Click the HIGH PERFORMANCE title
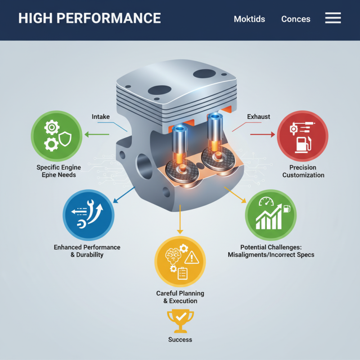tap(90, 18)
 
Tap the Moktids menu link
tap(249, 19)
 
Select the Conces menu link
tap(296, 19)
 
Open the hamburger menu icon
tap(333, 18)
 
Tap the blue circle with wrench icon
tap(88, 215)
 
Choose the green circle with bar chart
tap(270, 215)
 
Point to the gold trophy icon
tap(180, 320)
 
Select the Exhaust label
tap(259, 117)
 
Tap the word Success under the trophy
tap(180, 340)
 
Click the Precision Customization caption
tap(303, 171)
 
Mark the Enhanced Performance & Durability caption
tap(87, 251)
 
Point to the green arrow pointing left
tap(97, 134)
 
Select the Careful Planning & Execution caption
tap(180, 297)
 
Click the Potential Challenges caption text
tap(270, 251)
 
